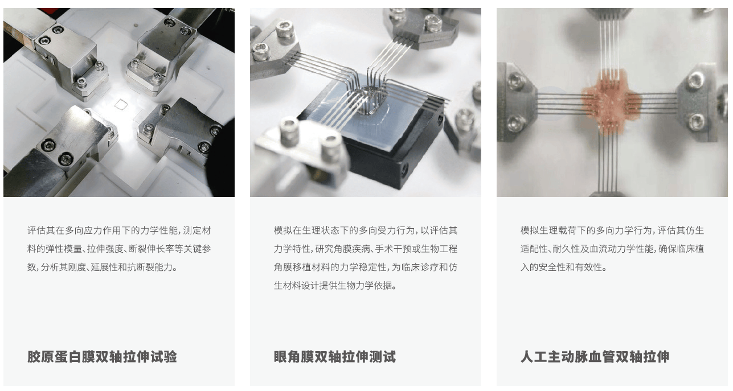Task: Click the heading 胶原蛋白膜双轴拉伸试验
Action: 102,357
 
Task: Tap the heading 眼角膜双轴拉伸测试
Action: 335,357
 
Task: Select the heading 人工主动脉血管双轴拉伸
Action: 595,357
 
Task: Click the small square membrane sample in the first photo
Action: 121,104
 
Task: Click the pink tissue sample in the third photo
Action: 609,100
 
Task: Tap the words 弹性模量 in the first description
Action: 64,249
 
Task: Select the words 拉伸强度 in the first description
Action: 105,249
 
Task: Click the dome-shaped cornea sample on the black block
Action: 370,101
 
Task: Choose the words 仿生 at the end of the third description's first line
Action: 695,231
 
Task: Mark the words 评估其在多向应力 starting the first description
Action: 60,231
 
